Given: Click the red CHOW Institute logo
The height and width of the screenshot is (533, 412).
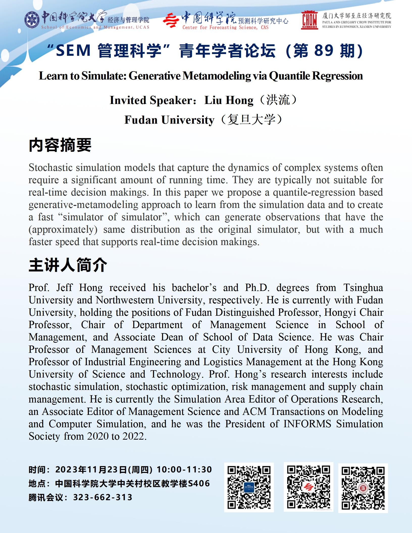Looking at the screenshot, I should click(310, 20).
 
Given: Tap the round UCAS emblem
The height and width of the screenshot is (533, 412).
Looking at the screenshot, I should click(32, 20).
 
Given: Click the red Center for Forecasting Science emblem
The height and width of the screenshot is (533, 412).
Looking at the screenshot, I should click(171, 20).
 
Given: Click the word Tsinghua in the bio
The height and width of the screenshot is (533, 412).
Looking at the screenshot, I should click(363, 288).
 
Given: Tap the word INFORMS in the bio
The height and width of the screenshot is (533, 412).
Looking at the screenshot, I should click(307, 424).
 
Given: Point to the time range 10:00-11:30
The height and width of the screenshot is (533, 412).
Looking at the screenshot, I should click(184, 469).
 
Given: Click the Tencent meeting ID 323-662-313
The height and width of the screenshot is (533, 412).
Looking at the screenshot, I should click(103, 497).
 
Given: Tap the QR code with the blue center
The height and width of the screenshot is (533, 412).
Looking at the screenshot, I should click(249, 488).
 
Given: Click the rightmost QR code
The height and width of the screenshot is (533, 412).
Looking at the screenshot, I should click(363, 488).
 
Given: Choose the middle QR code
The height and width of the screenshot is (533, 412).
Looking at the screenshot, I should click(308, 488).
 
